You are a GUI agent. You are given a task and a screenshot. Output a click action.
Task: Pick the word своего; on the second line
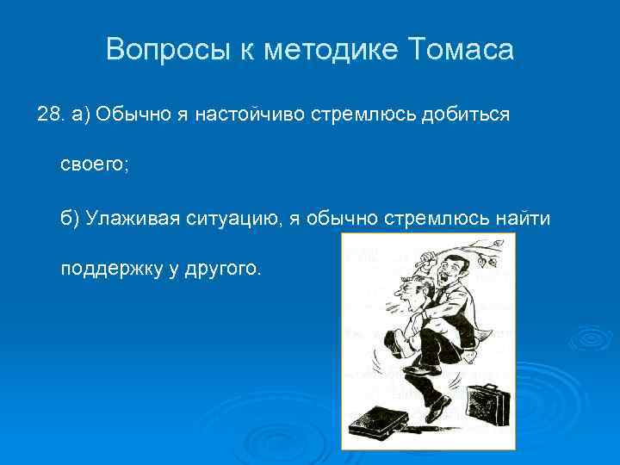pos(94,166)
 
